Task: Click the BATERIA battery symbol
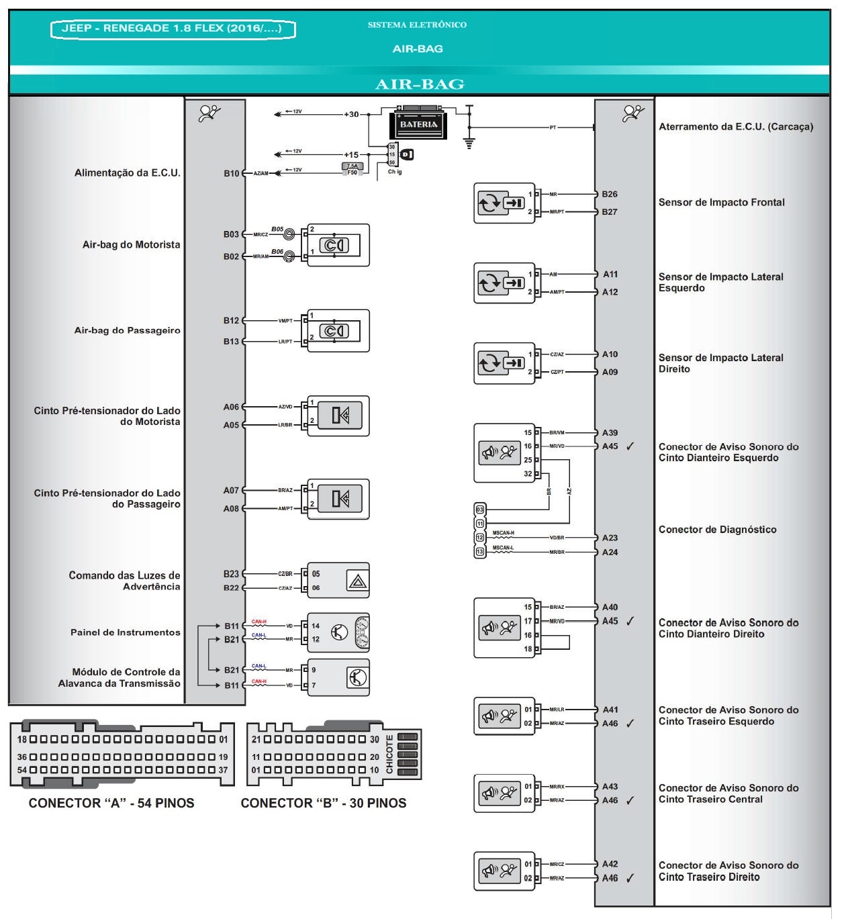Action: coord(418,123)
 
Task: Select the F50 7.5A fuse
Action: coord(352,169)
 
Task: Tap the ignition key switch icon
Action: coord(407,154)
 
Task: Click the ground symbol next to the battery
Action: coord(469,143)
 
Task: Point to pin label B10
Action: coord(231,173)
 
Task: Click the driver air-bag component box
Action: coord(338,245)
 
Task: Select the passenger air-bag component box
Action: coord(338,330)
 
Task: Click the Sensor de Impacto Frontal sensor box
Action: coord(504,203)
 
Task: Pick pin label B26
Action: coord(610,194)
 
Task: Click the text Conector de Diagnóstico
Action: coord(717,530)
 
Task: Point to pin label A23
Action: coord(610,538)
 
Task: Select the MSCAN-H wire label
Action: coord(503,533)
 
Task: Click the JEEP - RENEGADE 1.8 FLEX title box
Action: coord(173,29)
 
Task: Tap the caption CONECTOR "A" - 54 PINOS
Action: coord(111,803)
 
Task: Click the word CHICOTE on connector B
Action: coord(389,755)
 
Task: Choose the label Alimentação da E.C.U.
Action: coord(127,173)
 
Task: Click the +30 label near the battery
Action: coord(351,114)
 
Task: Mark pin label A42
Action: coord(610,864)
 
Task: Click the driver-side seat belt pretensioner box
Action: coord(338,416)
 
